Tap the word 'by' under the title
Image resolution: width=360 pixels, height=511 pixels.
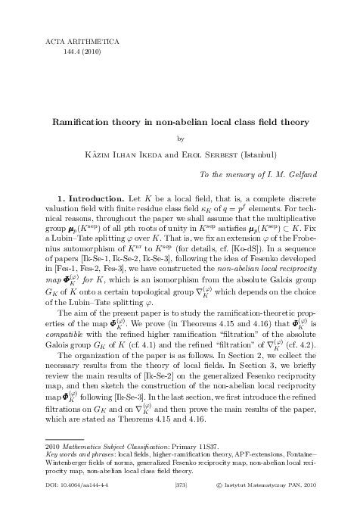point(180,139)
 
